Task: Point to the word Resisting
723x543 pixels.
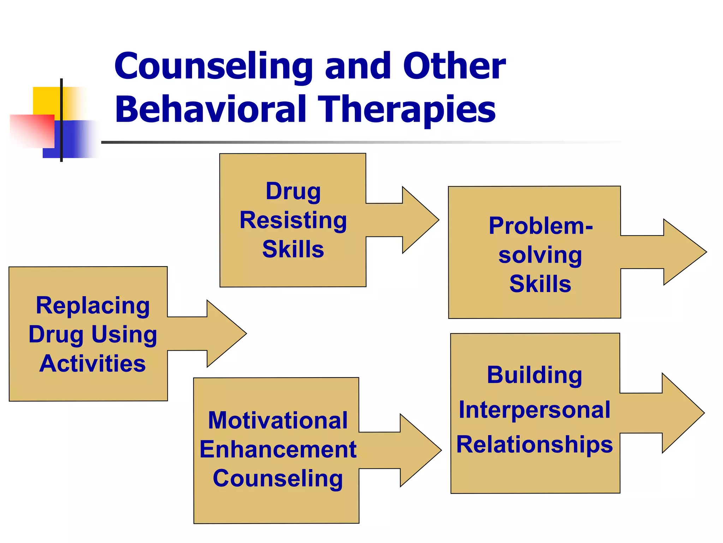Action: point(293,221)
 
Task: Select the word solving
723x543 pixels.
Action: point(540,255)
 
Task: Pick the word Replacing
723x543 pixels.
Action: point(93,305)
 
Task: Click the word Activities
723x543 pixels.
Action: point(92,363)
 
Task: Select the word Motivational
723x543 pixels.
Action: point(278,420)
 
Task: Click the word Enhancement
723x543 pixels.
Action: point(278,449)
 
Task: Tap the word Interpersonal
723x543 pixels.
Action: point(534,410)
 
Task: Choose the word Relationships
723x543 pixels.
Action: point(534,444)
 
